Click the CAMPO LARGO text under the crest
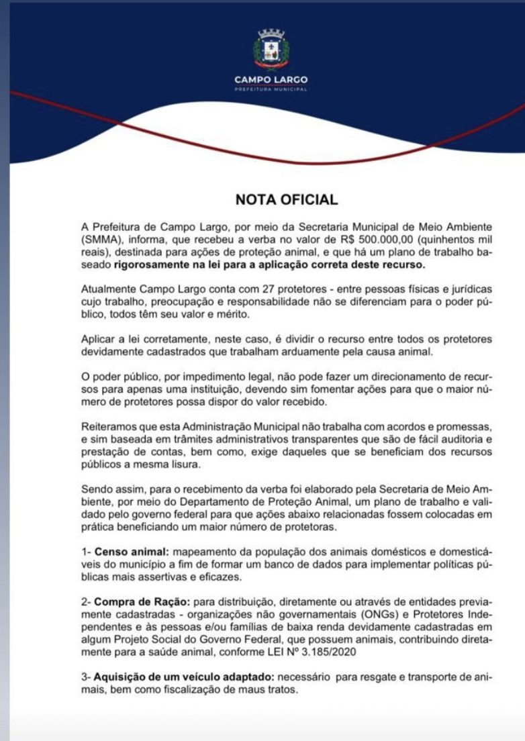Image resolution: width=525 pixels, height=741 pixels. click(x=271, y=80)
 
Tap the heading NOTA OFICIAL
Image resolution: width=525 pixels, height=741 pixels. click(x=286, y=199)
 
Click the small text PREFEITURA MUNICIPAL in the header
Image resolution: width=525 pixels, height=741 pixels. click(x=271, y=89)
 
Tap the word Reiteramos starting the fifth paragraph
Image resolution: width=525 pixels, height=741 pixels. click(x=111, y=426)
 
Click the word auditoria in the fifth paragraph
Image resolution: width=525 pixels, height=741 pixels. click(x=457, y=439)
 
